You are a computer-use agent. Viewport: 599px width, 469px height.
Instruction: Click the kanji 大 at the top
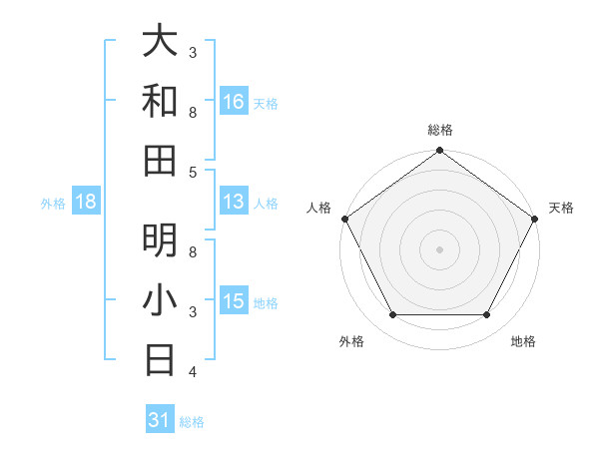tap(160, 42)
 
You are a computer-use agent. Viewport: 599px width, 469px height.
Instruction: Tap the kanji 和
tap(160, 101)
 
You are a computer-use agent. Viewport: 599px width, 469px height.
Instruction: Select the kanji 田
tap(160, 160)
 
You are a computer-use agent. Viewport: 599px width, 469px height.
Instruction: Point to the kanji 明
tap(160, 239)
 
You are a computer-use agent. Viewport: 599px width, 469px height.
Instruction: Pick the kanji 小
tap(160, 299)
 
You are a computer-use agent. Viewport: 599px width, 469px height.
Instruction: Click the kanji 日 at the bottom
tap(160, 358)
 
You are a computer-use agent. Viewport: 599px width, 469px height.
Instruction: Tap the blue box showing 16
tap(234, 101)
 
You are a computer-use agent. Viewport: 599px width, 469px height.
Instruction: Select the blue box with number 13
tap(234, 202)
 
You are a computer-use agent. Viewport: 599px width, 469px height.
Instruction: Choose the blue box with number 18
tap(86, 202)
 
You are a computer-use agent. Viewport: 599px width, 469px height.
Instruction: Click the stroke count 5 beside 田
tap(193, 172)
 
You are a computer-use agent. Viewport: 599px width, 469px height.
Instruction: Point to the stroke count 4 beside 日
tap(193, 371)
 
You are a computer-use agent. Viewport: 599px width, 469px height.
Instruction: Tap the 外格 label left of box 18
tap(53, 204)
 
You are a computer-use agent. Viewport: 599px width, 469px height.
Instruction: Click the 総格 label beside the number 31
tap(192, 422)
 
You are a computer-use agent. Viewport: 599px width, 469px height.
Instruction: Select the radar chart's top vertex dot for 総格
tap(439, 152)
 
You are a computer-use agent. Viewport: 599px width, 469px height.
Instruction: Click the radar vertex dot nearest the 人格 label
tap(345, 219)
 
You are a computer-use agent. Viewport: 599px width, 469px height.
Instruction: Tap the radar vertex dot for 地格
tap(487, 315)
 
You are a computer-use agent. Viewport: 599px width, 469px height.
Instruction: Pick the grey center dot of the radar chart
tap(439, 248)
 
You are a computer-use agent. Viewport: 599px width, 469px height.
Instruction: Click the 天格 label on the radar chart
tap(561, 208)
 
